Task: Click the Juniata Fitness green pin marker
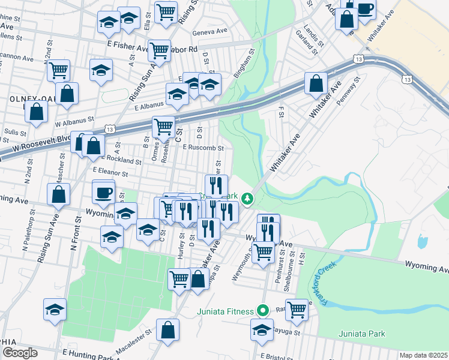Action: (x=262, y=311)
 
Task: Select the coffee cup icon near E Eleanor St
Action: (x=103, y=193)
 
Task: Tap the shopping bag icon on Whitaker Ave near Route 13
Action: (x=316, y=84)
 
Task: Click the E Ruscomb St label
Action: (x=203, y=148)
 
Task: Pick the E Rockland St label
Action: (x=122, y=160)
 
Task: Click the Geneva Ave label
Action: (x=210, y=32)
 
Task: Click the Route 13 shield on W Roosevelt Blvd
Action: (x=109, y=128)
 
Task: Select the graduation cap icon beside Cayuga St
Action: (x=262, y=329)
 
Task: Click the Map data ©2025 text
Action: (x=423, y=355)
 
